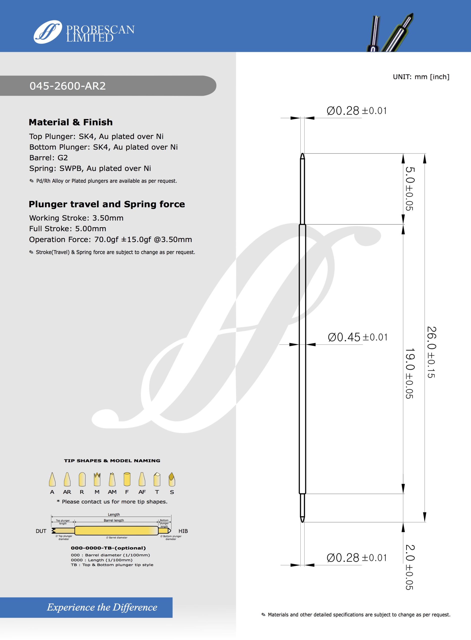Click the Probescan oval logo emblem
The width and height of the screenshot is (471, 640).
pos(48,32)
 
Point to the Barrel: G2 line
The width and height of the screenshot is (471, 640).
pos(48,158)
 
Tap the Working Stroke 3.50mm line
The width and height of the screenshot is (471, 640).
pos(76,218)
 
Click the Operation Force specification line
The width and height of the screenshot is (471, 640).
pos(110,239)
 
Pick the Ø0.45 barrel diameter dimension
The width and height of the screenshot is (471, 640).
pos(358,337)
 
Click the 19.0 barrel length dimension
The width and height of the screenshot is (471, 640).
pos(409,373)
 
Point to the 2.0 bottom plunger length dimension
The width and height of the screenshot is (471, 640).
pos(409,567)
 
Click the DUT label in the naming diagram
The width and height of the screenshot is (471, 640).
pos(41,531)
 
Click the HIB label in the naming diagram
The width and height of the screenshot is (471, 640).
pos(183,531)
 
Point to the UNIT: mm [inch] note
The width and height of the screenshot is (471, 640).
pos(421,77)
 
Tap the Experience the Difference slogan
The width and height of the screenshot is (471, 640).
pos(102,607)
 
